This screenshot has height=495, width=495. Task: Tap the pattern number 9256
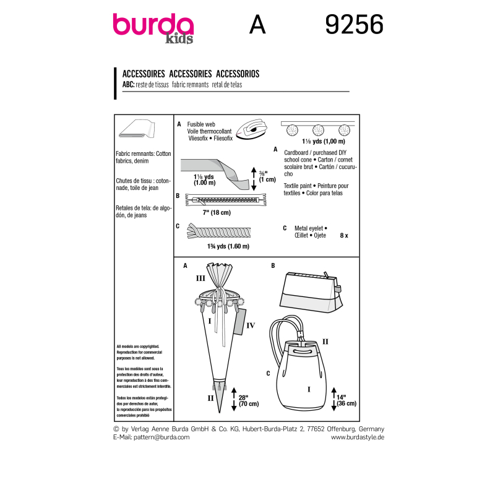tap(354, 25)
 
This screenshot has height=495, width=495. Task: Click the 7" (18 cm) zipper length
tap(216, 212)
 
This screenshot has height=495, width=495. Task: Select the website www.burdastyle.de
tap(358, 437)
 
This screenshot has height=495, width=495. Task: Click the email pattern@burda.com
tap(152, 437)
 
